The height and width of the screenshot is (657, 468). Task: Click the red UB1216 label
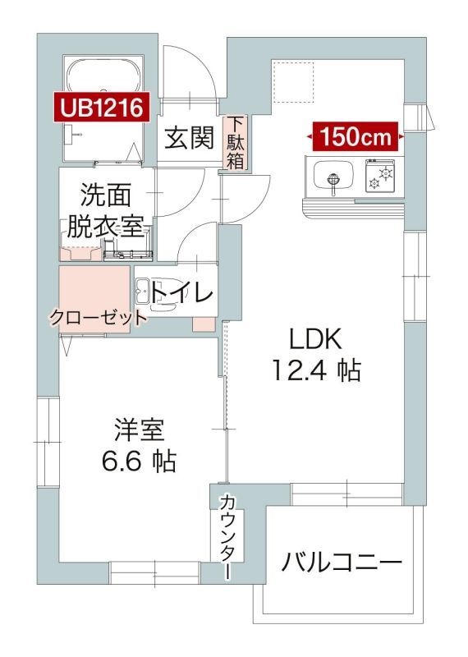point(101,106)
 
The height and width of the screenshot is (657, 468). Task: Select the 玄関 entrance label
point(190,138)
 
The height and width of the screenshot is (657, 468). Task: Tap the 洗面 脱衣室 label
point(106,210)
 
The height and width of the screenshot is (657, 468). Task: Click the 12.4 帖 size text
point(316,371)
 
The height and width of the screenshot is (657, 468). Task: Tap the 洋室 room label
point(140,430)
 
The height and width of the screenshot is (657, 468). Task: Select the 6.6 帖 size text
point(140,462)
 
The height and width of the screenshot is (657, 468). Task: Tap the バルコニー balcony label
point(342,563)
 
